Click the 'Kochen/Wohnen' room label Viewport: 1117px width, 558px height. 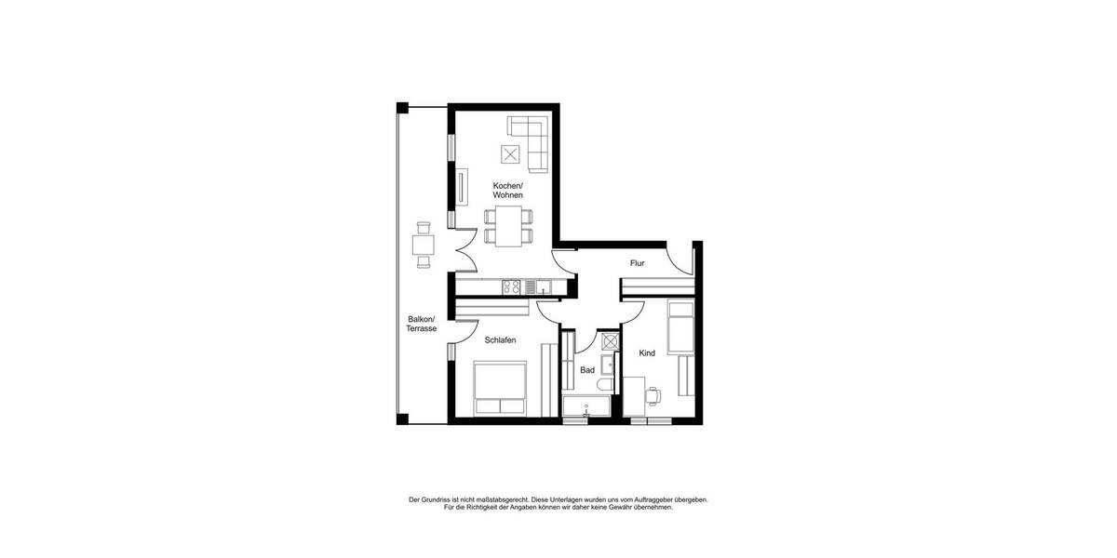point(507,191)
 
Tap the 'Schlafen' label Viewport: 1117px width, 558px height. point(500,340)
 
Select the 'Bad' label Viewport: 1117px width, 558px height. point(587,370)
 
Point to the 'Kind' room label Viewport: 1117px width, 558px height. point(647,353)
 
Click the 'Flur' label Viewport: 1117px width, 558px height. point(637,263)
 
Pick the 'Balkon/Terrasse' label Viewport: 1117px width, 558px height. point(421,324)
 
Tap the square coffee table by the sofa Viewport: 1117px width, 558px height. point(511,154)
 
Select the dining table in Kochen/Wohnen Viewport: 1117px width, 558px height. point(509,226)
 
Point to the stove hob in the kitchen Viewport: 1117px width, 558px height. point(512,286)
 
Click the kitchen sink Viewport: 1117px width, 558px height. point(545,286)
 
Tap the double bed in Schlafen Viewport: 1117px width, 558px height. point(500,389)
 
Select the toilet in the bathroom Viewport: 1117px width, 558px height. point(606,385)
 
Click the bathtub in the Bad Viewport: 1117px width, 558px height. point(586,406)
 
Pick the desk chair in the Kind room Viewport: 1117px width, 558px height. point(653,396)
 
